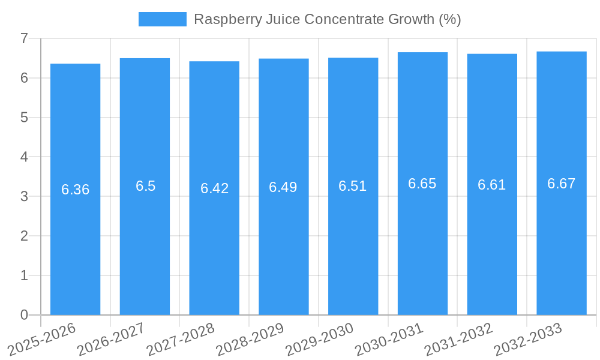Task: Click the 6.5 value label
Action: [145, 186]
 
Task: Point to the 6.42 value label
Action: [214, 188]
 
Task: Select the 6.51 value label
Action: [353, 186]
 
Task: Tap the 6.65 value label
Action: [422, 184]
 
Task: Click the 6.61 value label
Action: [492, 185]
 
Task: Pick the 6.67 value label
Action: [561, 184]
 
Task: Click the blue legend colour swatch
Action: [162, 19]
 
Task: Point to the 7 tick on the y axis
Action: [24, 38]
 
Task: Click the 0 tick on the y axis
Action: [24, 315]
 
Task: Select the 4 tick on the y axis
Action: [24, 157]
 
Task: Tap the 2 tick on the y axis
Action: [24, 236]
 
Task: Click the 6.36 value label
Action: [76, 190]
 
